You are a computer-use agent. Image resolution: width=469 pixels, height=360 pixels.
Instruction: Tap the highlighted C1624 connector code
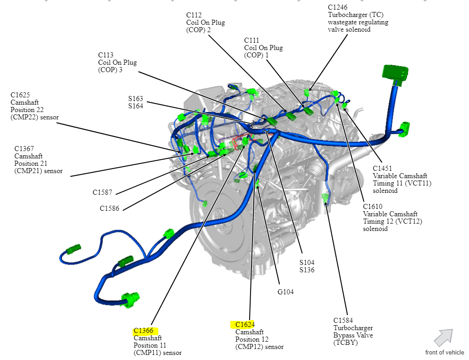pos(242,325)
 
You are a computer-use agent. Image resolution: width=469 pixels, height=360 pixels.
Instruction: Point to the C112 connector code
pos(194,15)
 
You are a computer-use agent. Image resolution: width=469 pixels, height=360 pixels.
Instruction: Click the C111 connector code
pos(252,40)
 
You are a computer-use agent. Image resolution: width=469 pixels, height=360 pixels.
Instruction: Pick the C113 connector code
pos(106,55)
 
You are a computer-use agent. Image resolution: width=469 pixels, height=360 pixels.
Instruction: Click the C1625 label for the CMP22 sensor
pos(20,95)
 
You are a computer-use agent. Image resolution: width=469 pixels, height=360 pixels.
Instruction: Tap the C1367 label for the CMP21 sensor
pos(24,149)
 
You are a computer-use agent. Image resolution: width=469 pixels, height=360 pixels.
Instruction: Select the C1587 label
pos(102,192)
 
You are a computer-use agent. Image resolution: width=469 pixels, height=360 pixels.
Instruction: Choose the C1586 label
pos(110,208)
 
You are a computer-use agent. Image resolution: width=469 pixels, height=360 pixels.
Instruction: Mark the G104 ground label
pos(285,292)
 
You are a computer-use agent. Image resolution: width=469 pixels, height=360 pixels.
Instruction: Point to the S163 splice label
pos(135,99)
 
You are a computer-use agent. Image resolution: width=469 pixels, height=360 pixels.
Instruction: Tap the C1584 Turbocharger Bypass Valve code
pos(343,321)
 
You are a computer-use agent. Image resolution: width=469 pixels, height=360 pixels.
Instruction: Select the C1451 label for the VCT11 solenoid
pos(382,169)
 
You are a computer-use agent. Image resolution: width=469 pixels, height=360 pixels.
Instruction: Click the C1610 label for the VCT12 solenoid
pos(373,207)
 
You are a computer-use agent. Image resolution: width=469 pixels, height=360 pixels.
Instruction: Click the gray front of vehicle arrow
pos(443,337)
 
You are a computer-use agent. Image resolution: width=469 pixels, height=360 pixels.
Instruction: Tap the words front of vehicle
pos(444,352)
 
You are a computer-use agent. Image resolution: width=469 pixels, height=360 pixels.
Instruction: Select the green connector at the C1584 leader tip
pos(325,198)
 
